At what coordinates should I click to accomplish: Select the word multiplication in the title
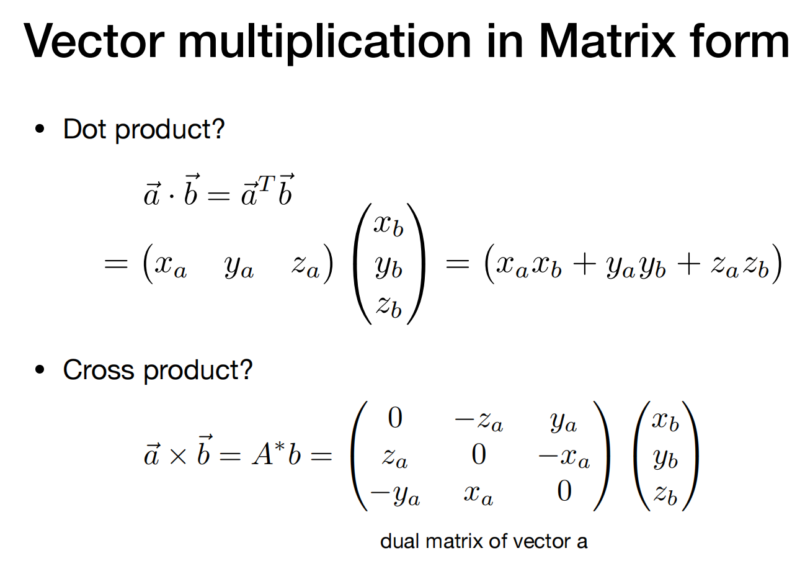click(x=324, y=44)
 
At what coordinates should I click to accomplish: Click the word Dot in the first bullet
click(x=85, y=129)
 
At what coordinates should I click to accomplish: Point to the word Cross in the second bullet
click(x=99, y=370)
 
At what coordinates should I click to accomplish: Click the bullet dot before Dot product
click(x=40, y=130)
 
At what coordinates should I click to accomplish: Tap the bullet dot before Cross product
click(x=40, y=370)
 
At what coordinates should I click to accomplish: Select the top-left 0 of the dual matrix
click(x=395, y=418)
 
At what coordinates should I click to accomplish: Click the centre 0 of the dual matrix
click(x=479, y=454)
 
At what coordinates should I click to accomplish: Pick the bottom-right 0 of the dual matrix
click(x=564, y=491)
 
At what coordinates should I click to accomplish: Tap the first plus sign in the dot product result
click(x=585, y=266)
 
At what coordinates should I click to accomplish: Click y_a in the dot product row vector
click(x=239, y=267)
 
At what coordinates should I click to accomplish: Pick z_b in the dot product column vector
click(x=389, y=307)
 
